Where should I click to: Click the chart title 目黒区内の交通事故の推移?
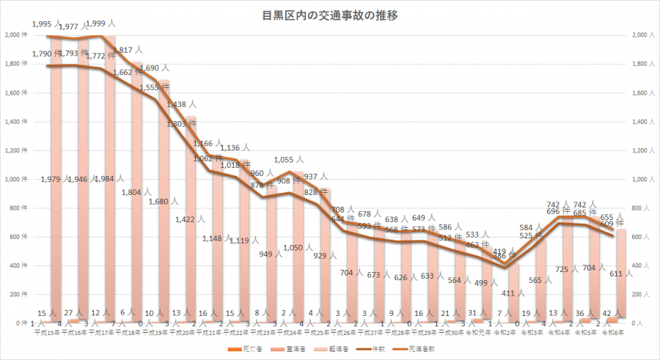(x=329, y=15)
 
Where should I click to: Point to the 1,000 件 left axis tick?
(x=15, y=179)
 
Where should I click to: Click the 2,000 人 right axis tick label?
(x=639, y=35)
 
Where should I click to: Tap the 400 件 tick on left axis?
(x=16, y=265)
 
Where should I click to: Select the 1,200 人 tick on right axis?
(x=639, y=150)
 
